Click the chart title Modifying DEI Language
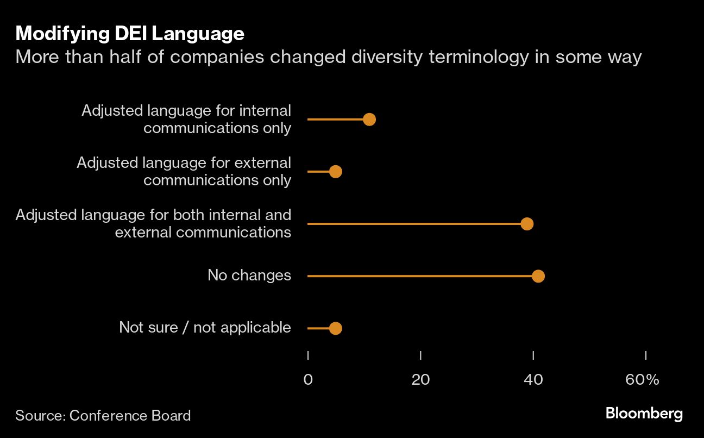pos(130,34)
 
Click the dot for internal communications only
pos(369,120)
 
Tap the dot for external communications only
pos(336,172)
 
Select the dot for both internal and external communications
pos(527,224)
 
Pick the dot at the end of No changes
pos(538,276)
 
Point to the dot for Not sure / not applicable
pos(336,328)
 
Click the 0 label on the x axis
pos(308,379)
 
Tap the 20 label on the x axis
pos(420,379)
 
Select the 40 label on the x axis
pos(533,379)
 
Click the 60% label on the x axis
pos(642,379)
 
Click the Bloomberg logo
pos(644,414)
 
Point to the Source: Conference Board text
pos(103,416)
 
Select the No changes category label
pos(249,276)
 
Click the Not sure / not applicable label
pos(205,328)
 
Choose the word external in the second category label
pos(264,162)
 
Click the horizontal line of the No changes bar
pos(418,276)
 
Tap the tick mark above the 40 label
pos(533,355)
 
